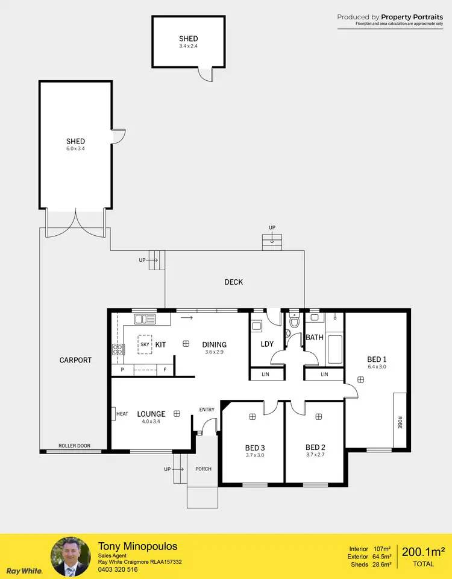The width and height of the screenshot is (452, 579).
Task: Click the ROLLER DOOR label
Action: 74,446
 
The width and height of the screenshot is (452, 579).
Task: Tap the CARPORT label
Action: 75,360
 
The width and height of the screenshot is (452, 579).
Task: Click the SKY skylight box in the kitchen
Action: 145,344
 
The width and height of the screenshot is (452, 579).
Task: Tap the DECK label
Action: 234,282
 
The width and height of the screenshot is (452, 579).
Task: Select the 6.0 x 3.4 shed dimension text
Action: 75,148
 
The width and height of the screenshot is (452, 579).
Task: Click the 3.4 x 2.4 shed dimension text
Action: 188,46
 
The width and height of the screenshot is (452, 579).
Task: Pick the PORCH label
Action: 203,469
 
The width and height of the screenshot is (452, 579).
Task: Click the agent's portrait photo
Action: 71,556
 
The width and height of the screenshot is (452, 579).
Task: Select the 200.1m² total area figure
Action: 423,551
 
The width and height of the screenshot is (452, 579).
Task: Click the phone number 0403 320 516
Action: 118,569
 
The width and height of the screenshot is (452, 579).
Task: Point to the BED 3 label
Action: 255,448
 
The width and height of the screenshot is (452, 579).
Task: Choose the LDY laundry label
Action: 267,344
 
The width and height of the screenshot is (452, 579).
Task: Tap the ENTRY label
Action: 207,410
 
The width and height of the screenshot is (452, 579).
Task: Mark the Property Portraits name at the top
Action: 412,17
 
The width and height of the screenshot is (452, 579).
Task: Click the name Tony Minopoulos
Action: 137,546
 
